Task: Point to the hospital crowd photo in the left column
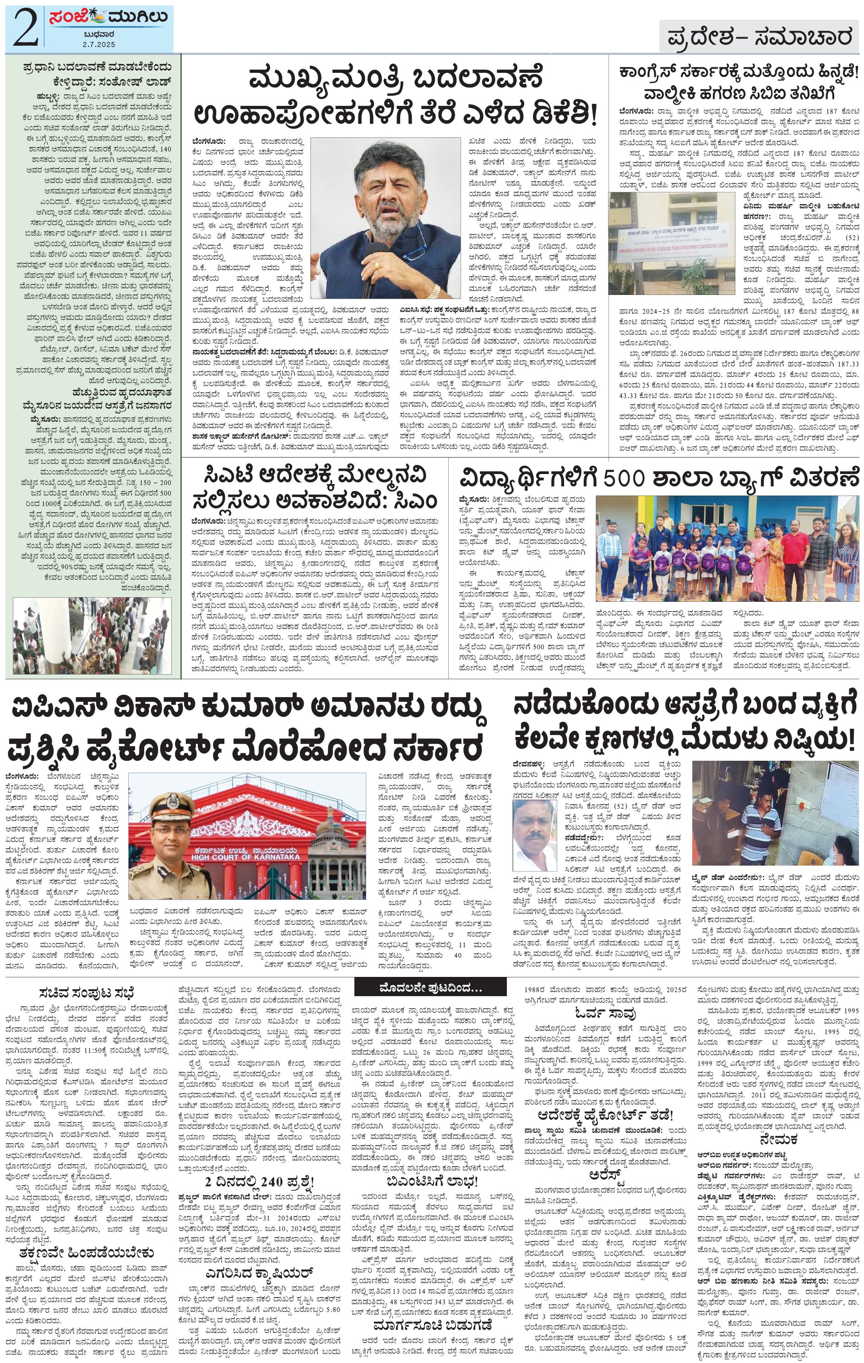click(92, 635)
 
